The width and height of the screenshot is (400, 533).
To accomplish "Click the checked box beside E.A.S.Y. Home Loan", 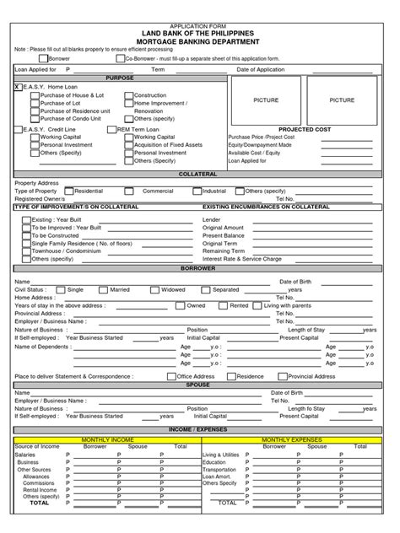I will [18, 86].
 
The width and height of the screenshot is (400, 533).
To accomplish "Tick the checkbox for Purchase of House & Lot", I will [35, 95].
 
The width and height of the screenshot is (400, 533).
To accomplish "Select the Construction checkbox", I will [129, 95].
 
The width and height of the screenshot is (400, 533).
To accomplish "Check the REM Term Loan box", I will [129, 129].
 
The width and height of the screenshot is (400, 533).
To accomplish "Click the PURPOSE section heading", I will [119, 77].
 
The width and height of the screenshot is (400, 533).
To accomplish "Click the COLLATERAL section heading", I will [199, 173].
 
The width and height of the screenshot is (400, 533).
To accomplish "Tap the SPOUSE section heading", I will [199, 384].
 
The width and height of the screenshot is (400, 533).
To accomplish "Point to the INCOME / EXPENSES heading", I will [199, 430].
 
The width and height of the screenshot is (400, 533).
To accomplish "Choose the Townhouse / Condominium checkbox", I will [26, 250].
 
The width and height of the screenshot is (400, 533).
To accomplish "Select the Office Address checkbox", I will [171, 376].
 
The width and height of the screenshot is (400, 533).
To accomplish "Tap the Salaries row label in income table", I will [25, 454].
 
